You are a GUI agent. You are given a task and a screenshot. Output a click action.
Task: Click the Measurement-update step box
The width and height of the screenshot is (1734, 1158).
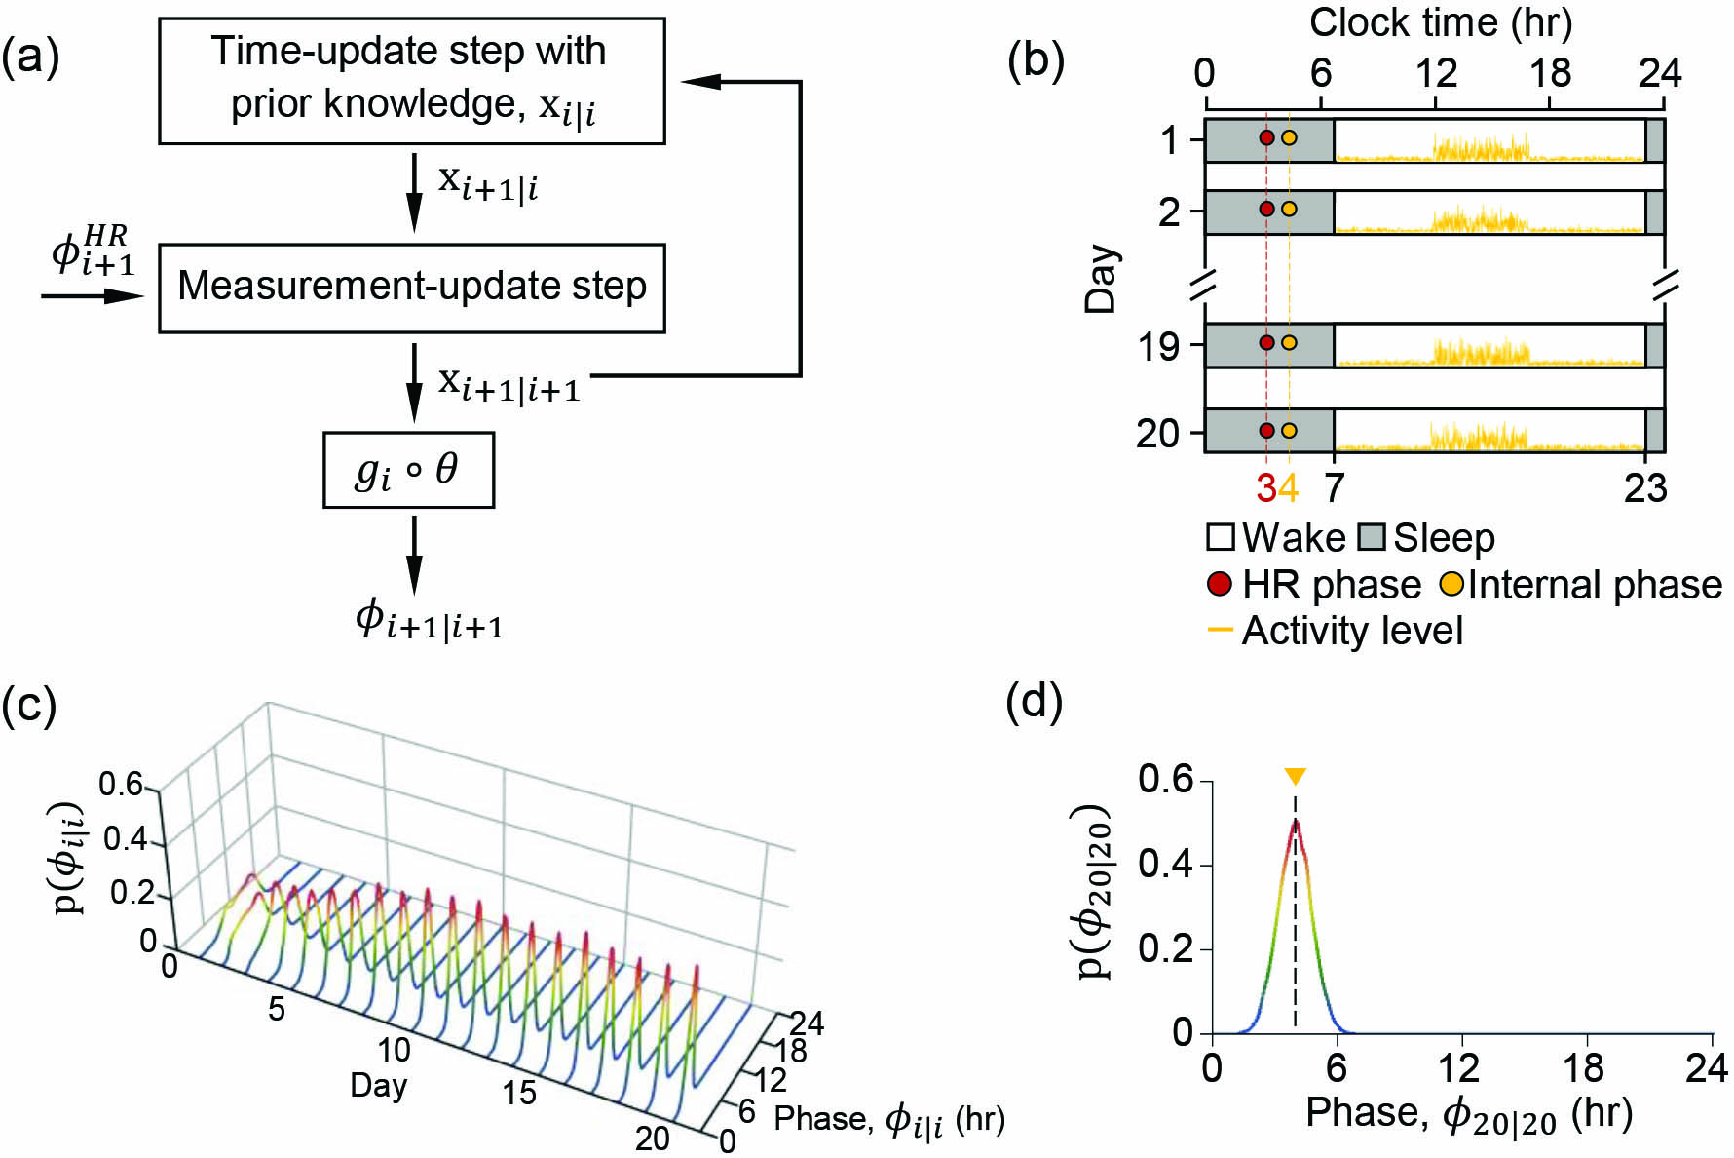[411, 288]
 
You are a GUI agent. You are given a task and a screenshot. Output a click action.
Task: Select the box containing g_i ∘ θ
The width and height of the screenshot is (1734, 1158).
[408, 471]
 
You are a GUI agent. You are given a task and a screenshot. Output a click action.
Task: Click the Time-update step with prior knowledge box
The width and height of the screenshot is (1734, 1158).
[411, 80]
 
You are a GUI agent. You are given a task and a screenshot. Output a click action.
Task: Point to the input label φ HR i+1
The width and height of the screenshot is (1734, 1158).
[93, 251]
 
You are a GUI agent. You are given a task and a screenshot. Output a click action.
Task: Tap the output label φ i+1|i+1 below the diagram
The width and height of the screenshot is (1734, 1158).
[430, 620]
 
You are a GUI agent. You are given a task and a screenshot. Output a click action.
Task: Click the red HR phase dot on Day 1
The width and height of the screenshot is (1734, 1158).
[1266, 138]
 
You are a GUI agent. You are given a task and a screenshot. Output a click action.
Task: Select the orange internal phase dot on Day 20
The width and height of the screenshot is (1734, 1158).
[1289, 431]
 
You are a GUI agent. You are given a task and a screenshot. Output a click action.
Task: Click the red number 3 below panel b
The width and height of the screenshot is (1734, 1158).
[1265, 487]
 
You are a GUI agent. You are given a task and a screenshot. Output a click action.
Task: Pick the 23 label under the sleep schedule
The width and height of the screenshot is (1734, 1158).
[1645, 487]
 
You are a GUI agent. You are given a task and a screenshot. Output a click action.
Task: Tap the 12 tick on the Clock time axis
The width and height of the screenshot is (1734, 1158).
[1436, 74]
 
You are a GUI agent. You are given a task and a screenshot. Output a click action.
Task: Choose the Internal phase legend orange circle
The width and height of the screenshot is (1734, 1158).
[1451, 584]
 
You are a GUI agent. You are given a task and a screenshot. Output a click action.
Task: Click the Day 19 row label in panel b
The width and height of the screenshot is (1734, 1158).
[1159, 346]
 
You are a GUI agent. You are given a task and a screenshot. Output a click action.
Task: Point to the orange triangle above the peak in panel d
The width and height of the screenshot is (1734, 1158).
[1295, 777]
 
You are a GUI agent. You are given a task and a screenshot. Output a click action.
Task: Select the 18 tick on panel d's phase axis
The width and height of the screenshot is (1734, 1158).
[1584, 1068]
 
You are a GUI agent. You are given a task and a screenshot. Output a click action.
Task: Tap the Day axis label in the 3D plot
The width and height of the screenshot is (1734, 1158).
[378, 1085]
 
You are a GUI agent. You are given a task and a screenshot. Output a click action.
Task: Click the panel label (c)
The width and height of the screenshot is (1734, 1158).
[29, 705]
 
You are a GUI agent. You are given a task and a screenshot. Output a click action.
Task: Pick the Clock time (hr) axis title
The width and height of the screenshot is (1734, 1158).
[1441, 22]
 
